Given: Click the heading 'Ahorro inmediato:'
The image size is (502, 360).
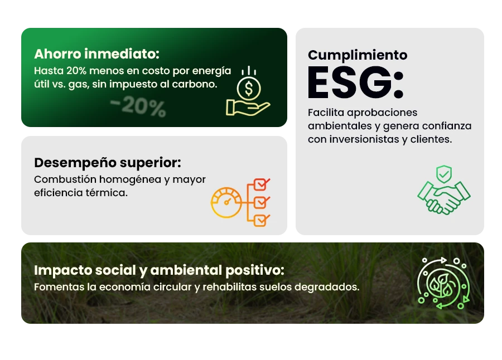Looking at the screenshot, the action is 96,54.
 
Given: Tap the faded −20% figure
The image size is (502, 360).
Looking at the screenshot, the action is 138,106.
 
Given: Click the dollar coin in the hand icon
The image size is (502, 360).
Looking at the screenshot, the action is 249,89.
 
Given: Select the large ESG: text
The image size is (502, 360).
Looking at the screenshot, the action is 356,83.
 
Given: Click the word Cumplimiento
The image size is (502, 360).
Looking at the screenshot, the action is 358,55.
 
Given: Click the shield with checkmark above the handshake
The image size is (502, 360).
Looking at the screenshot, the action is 444,174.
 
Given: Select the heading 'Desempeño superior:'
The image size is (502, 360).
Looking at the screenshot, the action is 108,163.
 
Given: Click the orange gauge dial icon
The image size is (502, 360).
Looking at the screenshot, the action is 226,202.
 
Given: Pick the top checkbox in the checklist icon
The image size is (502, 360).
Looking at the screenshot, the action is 262,184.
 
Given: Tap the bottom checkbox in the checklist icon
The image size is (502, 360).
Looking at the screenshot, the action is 262,221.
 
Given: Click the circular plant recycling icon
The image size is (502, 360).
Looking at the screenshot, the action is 443,283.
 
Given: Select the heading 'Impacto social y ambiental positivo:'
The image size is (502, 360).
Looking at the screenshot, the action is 159,270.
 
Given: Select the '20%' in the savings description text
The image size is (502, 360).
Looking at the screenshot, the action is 76,71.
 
